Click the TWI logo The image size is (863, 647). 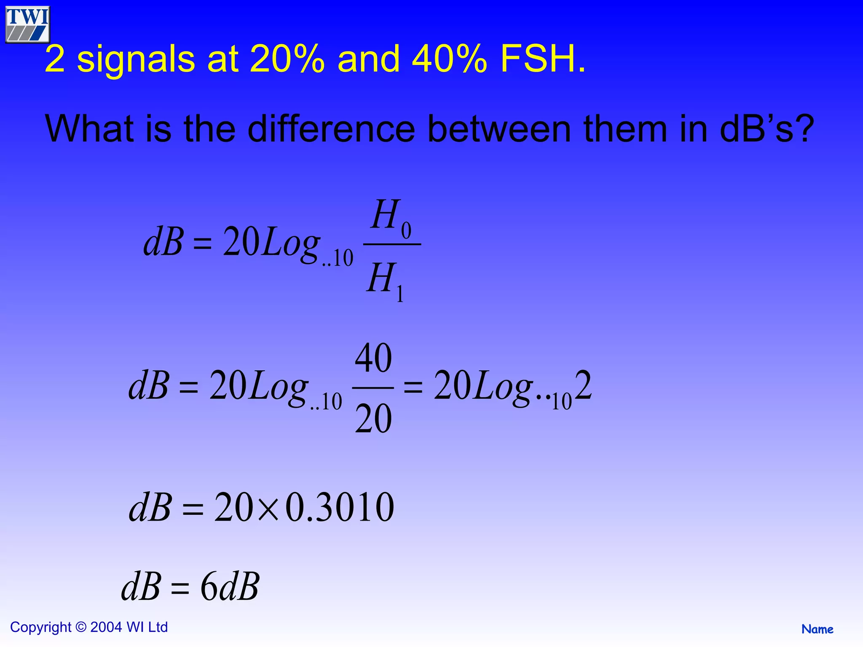click(28, 24)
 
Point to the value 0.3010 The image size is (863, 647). click(340, 507)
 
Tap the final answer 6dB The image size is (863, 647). click(230, 587)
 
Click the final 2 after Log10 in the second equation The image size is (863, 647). click(583, 385)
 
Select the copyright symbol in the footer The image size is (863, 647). click(80, 627)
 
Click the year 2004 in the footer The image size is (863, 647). click(106, 627)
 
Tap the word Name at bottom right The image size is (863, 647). click(817, 629)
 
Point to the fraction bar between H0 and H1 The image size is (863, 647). click(392, 244)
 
